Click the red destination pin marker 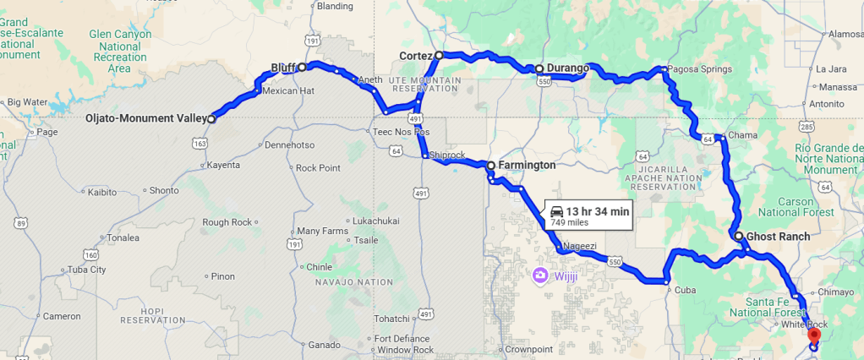[x=813, y=335]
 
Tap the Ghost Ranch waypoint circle [x=738, y=237]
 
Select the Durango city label [x=566, y=68]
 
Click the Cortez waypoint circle [x=439, y=55]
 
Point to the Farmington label [x=527, y=165]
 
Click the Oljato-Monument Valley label [x=145, y=119]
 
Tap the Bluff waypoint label [x=282, y=67]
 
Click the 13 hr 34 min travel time [x=598, y=211]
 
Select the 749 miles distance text [x=569, y=222]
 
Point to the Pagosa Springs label [x=699, y=69]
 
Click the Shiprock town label [x=447, y=155]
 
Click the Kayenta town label [x=223, y=165]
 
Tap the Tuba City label [x=87, y=270]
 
